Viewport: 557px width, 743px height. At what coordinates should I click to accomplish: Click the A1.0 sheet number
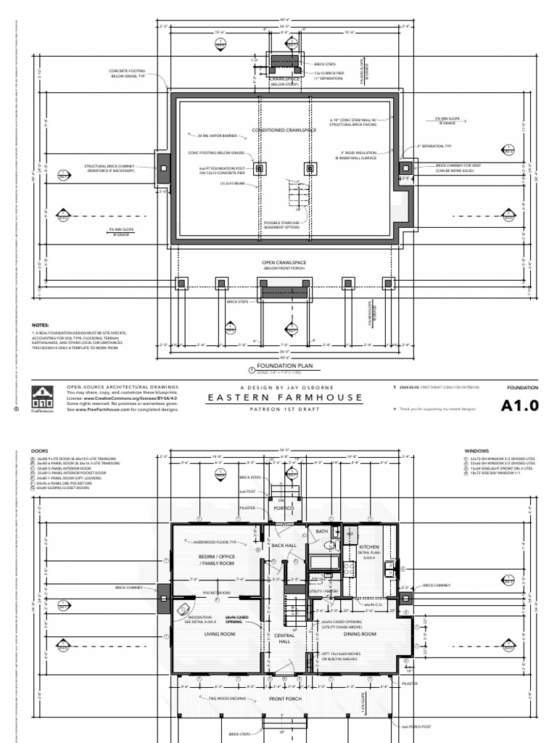click(521, 406)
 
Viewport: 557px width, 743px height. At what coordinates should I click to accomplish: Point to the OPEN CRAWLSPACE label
click(284, 263)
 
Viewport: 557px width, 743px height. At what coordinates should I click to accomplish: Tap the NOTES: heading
click(41, 326)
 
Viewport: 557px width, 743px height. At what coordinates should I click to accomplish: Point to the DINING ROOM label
click(360, 633)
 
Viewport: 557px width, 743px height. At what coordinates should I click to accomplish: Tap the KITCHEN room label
click(369, 546)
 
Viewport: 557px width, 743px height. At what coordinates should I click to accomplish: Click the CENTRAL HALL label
click(284, 639)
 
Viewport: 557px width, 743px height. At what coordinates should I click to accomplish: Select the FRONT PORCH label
click(284, 699)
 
